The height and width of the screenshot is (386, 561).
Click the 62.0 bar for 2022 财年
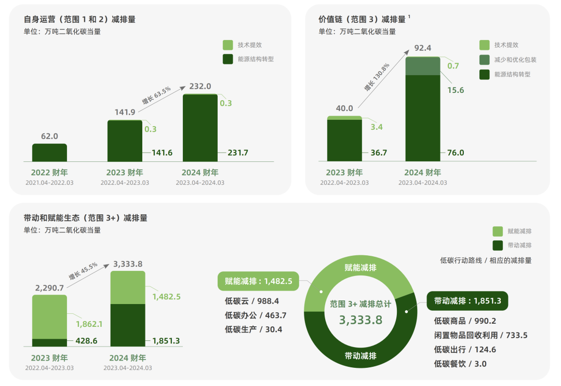click(49, 153)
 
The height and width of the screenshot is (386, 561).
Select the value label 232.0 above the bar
click(200, 86)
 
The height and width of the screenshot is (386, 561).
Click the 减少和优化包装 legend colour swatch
click(484, 60)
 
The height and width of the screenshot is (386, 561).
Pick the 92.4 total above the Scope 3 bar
click(422, 48)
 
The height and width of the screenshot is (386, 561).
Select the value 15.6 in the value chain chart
click(456, 90)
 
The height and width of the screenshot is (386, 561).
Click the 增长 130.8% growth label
click(377, 78)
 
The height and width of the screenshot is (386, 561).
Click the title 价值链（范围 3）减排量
click(362, 19)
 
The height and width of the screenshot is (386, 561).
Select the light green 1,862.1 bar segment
click(49, 316)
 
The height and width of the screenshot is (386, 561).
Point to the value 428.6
click(86, 341)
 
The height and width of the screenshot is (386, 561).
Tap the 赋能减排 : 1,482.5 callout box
click(258, 281)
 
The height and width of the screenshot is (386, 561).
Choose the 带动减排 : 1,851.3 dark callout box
click(467, 301)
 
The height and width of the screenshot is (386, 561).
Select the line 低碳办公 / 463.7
click(256, 315)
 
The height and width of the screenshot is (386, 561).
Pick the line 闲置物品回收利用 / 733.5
click(480, 335)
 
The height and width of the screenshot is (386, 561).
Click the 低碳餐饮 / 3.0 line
click(460, 364)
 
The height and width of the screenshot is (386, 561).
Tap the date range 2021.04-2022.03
click(49, 183)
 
